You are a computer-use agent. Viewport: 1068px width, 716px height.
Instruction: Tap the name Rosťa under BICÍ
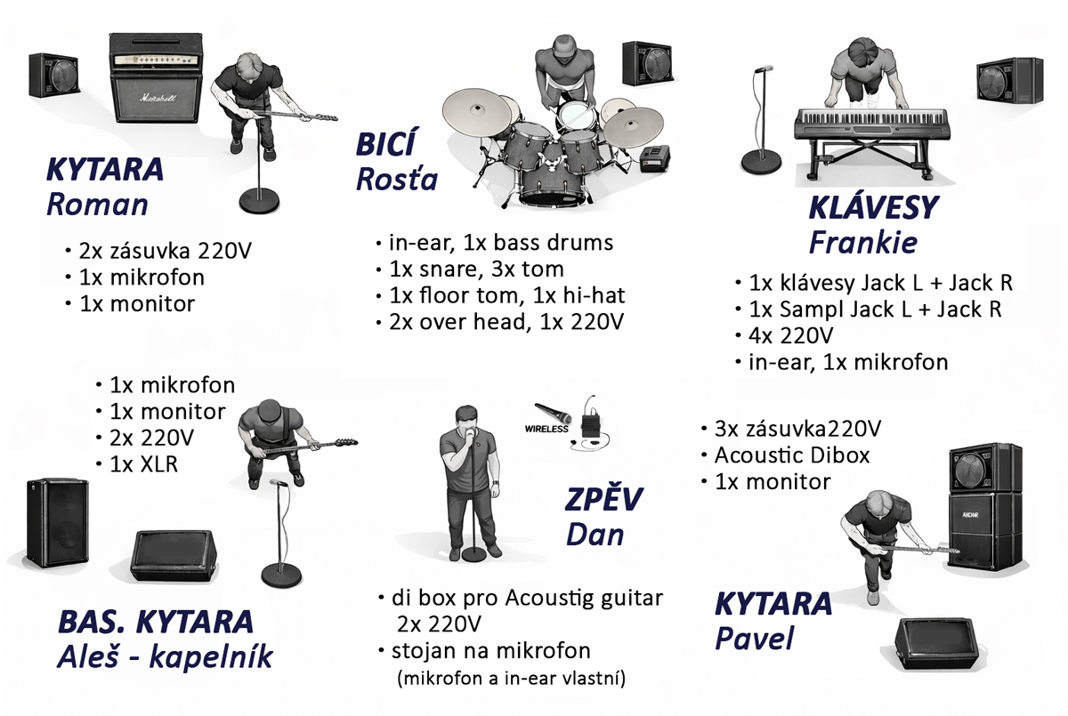point(397,179)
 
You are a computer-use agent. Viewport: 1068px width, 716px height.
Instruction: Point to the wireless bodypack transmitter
point(591,422)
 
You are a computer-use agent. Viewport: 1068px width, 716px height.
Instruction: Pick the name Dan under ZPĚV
point(595,534)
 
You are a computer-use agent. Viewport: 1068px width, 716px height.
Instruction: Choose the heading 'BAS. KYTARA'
point(156,622)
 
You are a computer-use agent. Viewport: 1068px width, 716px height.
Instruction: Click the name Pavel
point(754,640)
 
